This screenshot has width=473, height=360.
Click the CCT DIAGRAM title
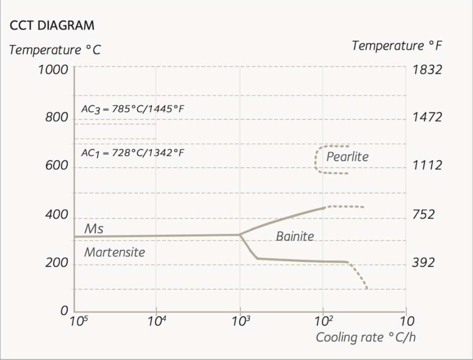52,25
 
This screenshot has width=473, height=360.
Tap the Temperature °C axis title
55,49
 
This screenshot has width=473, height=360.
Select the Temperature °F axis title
397,46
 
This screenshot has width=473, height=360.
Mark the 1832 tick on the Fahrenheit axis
427,70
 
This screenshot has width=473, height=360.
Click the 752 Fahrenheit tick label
423,214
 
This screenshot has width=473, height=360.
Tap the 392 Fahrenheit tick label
423,263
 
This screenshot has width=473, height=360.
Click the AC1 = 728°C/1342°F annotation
133,153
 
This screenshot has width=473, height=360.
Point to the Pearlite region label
347,157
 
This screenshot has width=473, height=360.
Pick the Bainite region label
295,236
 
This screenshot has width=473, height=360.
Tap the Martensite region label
115,252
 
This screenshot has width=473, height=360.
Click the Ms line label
94,229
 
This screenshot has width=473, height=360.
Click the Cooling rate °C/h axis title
365,337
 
